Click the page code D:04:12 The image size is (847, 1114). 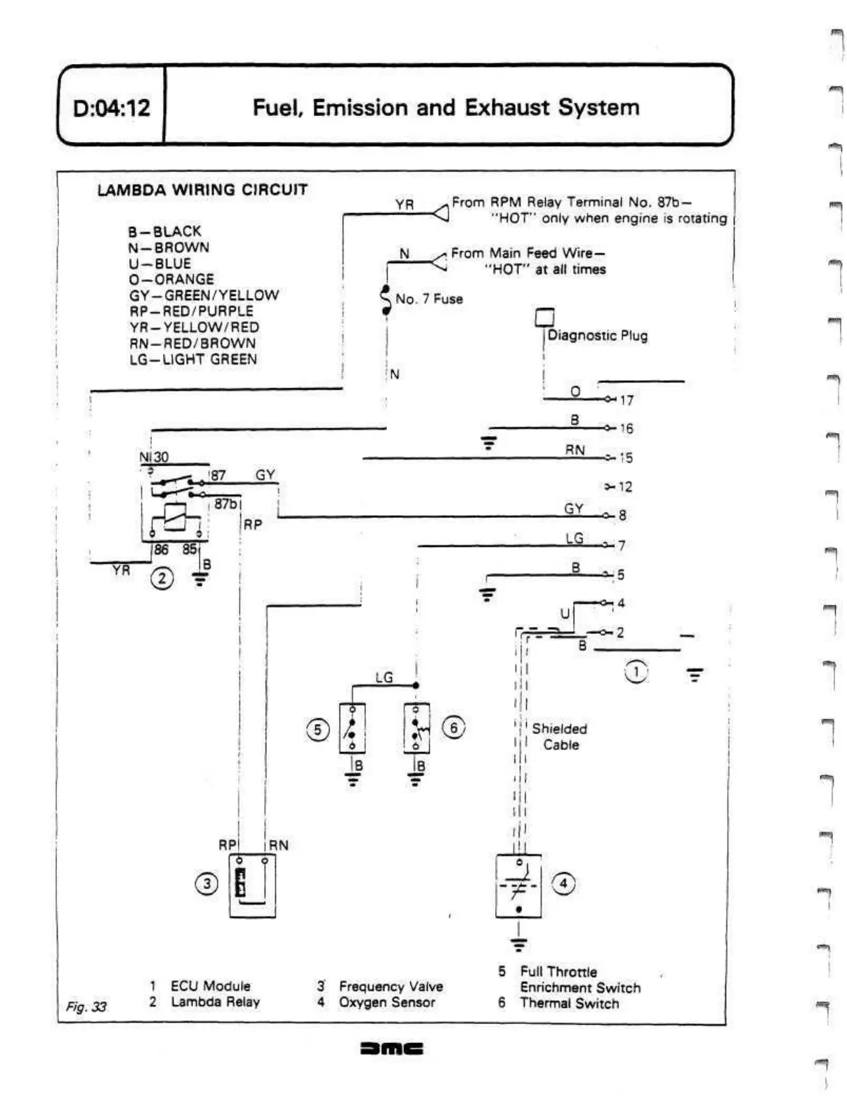(112, 108)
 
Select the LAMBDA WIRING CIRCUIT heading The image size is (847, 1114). (202, 190)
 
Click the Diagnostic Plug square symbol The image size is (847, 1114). (544, 318)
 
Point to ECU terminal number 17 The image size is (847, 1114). (626, 401)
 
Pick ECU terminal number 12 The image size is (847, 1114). (625, 486)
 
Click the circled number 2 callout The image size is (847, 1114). (162, 578)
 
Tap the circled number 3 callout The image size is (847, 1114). (206, 883)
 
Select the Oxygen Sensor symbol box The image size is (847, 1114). (518, 886)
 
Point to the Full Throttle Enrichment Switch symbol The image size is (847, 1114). (352, 727)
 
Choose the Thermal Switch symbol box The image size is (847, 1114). (416, 727)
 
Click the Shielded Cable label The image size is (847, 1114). (560, 737)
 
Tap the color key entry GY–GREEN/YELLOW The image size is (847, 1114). (204, 295)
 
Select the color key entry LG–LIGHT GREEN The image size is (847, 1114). (193, 359)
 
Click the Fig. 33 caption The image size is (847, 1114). (86, 1006)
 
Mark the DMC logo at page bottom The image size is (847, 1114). (392, 1049)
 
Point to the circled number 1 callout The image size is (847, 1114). (636, 672)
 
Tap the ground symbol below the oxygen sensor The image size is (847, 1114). (518, 945)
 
